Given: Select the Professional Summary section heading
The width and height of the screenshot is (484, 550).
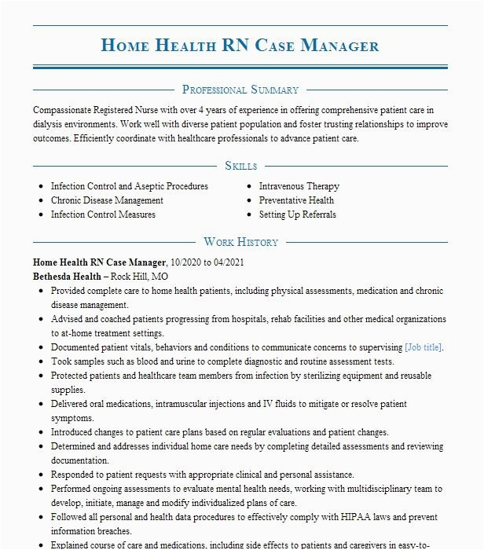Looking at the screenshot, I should [240, 90].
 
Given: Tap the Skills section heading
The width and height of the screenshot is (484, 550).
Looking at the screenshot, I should [240, 166].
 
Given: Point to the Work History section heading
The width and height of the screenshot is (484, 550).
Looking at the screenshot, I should [240, 242].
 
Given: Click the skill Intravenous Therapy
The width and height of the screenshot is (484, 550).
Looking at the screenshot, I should [299, 186].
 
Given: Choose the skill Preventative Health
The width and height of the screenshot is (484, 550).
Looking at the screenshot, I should [297, 200].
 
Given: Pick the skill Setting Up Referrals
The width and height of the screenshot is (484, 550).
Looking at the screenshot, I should [298, 214].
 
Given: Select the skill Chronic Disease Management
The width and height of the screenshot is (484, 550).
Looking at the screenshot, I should [108, 200].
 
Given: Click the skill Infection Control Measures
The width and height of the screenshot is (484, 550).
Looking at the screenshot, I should [103, 214].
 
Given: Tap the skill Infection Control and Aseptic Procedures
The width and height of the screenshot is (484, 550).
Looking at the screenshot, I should [130, 186].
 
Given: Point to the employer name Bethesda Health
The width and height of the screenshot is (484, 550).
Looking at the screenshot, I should [67, 277].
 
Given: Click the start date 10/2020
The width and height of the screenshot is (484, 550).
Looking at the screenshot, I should [185, 262].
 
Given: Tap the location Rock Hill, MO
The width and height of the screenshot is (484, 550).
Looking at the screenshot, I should [139, 277].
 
